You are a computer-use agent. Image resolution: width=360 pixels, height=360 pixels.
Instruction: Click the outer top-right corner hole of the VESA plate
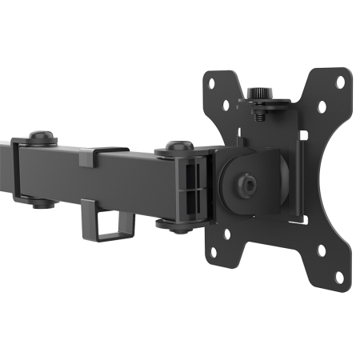(339, 82)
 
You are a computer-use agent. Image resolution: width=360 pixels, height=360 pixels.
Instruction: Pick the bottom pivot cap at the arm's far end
(43, 202)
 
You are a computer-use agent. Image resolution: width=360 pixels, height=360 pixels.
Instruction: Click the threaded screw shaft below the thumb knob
(259, 112)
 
